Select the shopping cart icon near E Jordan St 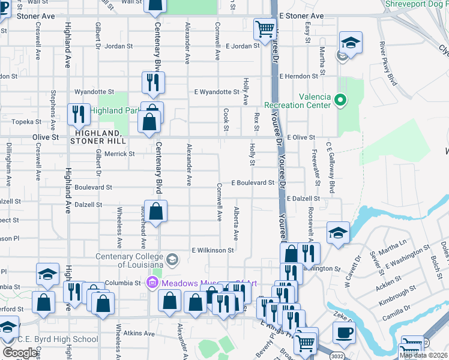264,28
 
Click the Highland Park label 115,110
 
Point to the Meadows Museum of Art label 207,283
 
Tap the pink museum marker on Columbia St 152,282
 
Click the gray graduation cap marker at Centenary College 172,259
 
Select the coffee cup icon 344,332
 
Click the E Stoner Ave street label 301,16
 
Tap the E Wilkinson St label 212,250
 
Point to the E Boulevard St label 253,182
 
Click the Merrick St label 120,154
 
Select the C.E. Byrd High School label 58,339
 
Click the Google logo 20,353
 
